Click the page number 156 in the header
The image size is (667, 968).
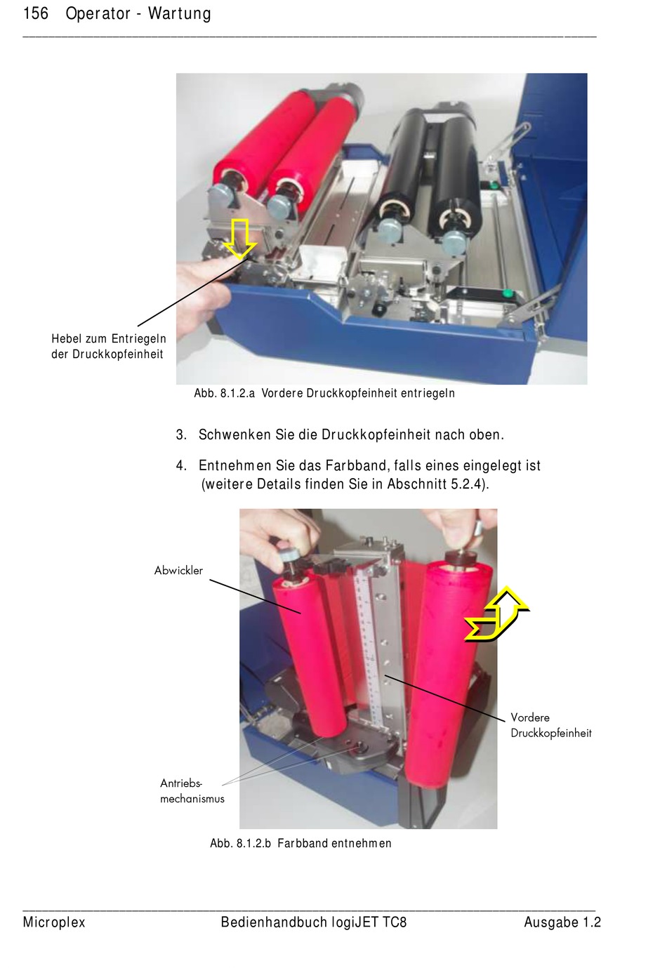[35, 13]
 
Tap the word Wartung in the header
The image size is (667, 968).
[180, 14]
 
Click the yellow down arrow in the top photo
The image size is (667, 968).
[239, 239]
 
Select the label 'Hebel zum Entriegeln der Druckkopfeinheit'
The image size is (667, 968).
[109, 346]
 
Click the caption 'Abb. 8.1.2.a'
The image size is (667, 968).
[225, 393]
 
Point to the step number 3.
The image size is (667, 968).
[181, 435]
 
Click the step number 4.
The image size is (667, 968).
[181, 465]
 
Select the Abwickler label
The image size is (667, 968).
[178, 571]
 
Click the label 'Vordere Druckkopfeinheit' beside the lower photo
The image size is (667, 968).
[550, 725]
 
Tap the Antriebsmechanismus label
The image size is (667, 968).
[192, 791]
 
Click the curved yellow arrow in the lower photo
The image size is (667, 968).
[497, 614]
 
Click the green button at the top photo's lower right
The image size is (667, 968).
[508, 294]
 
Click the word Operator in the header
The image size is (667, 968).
[98, 14]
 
